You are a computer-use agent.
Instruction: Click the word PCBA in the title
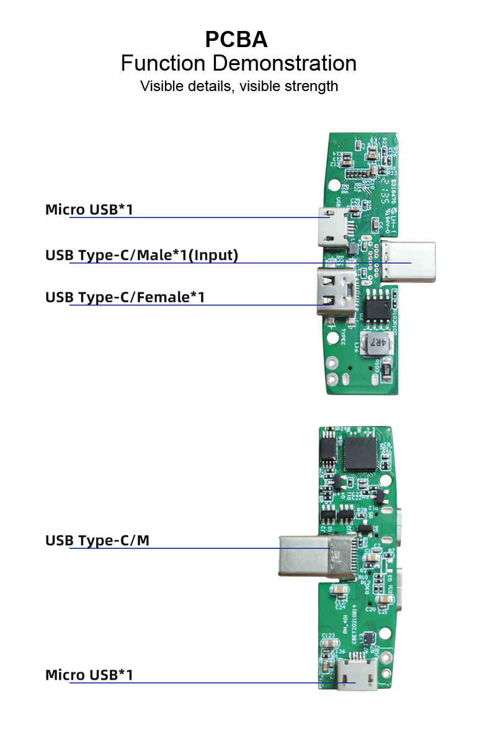click(x=236, y=40)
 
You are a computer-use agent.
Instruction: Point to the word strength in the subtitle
click(x=311, y=85)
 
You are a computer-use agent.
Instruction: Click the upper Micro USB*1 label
click(x=89, y=209)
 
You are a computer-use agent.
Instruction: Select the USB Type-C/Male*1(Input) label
click(x=141, y=255)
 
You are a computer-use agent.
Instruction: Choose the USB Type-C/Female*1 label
click(x=125, y=297)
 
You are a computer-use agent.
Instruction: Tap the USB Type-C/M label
click(x=97, y=540)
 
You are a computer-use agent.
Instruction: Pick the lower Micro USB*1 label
click(x=89, y=675)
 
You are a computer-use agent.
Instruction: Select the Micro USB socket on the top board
click(x=334, y=226)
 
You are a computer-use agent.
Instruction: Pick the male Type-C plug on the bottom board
click(x=316, y=556)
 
